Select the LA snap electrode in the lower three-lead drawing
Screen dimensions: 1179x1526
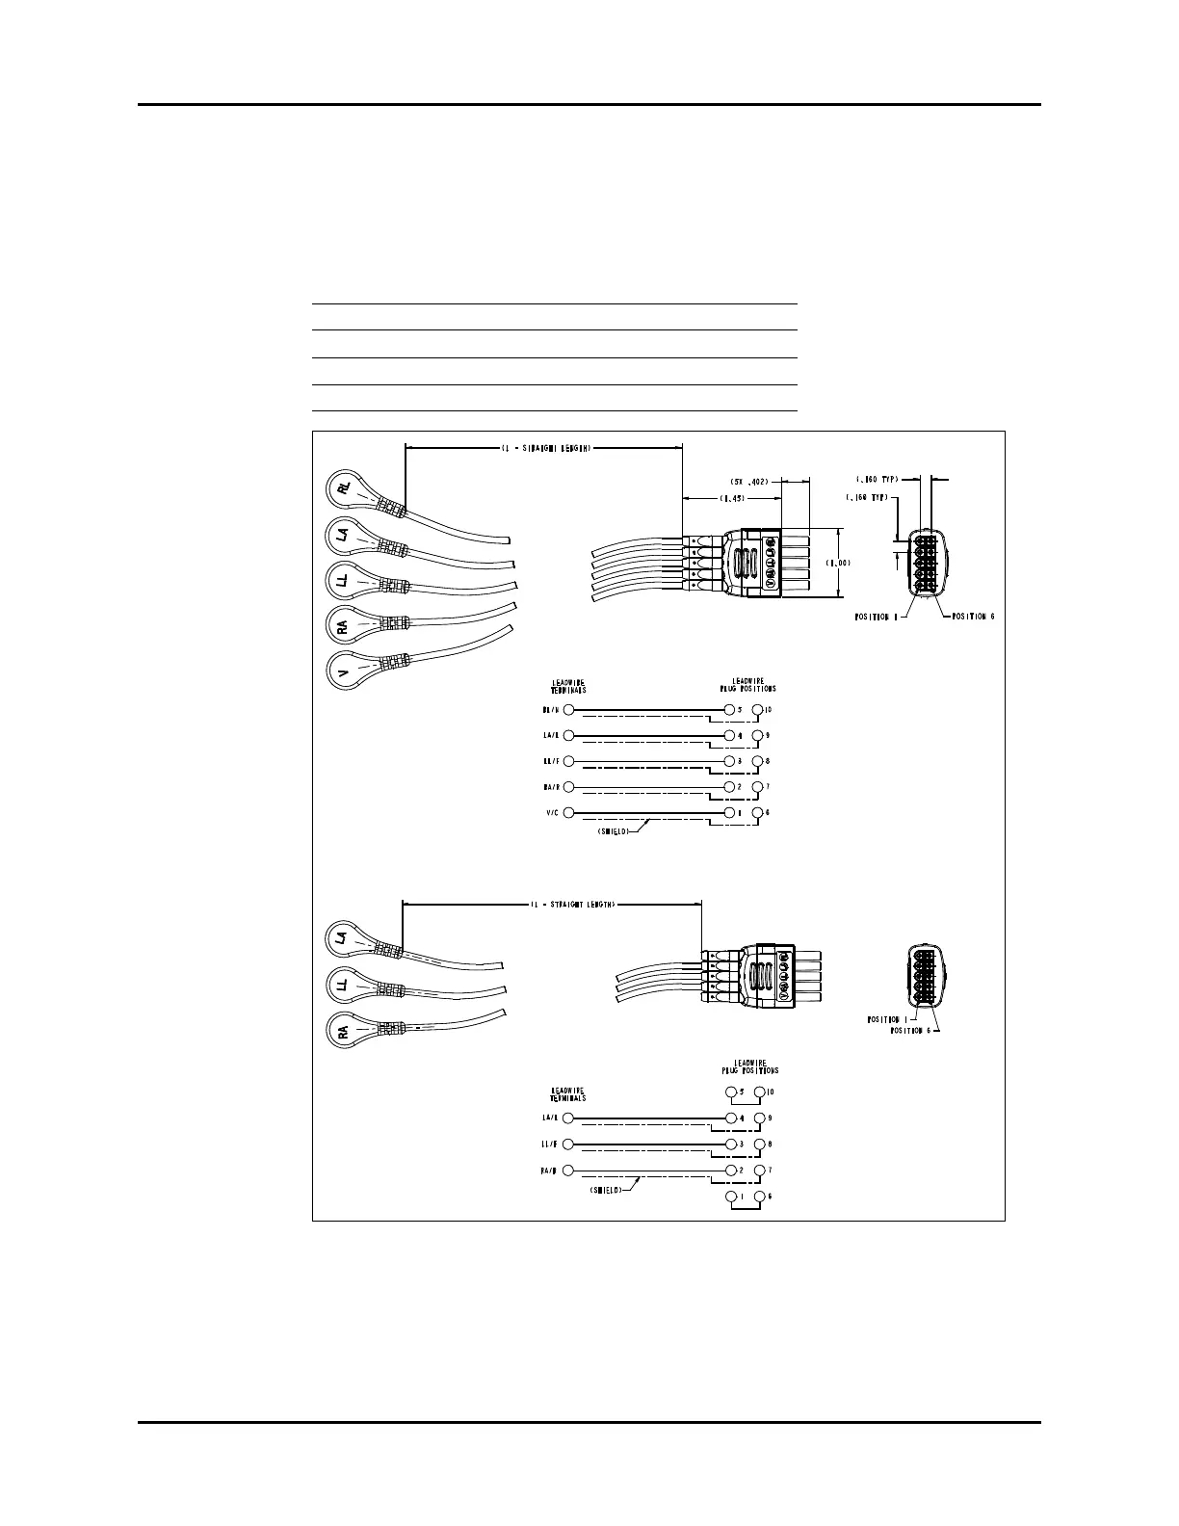[x=342, y=936]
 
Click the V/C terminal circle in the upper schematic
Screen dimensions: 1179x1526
[x=568, y=813]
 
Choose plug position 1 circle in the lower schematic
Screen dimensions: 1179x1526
[x=731, y=1197]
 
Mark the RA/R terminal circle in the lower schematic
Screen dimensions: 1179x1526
[x=568, y=1171]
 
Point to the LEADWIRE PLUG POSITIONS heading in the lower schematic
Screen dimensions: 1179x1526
[x=750, y=1066]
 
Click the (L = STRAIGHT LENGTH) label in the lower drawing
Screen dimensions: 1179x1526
[x=572, y=905]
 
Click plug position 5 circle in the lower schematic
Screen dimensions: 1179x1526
[x=731, y=1092]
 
